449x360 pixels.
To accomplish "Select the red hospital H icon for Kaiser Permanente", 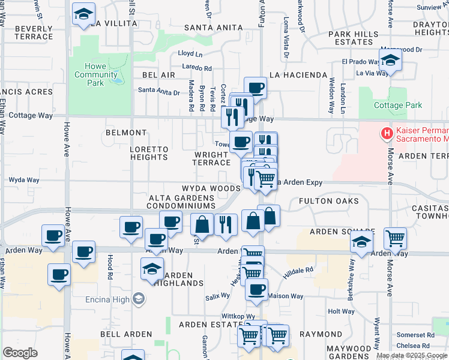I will (x=387, y=132).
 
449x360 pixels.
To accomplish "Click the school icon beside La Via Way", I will (x=391, y=61).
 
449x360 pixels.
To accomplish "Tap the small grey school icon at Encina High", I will (x=139, y=298).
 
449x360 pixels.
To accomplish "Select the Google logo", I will (x=20, y=353).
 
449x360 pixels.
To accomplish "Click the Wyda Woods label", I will (x=211, y=188).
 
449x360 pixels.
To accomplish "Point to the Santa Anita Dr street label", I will (x=159, y=92).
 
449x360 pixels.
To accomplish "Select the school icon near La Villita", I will (x=83, y=13).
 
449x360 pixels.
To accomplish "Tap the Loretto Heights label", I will (x=149, y=153).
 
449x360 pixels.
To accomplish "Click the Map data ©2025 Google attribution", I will (x=412, y=355).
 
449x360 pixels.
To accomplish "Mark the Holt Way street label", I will (x=342, y=311).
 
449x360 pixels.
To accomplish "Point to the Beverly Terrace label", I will (x=34, y=32).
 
